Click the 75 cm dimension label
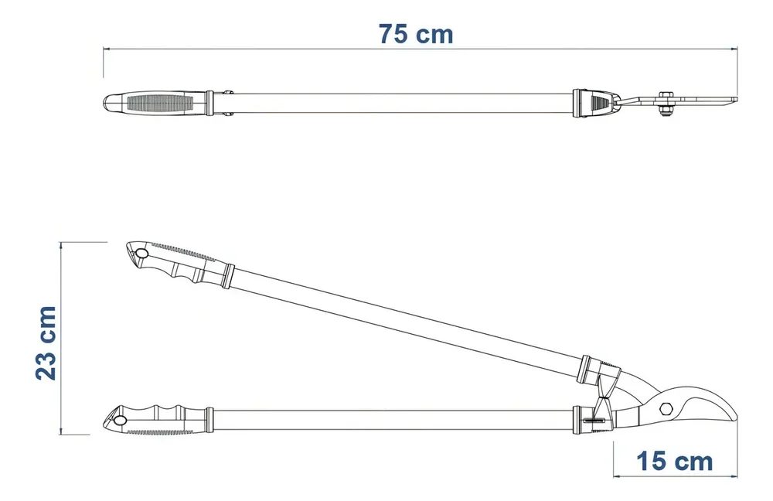415,34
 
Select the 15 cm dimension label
674,462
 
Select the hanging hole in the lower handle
119,420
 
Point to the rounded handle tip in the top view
109,102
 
